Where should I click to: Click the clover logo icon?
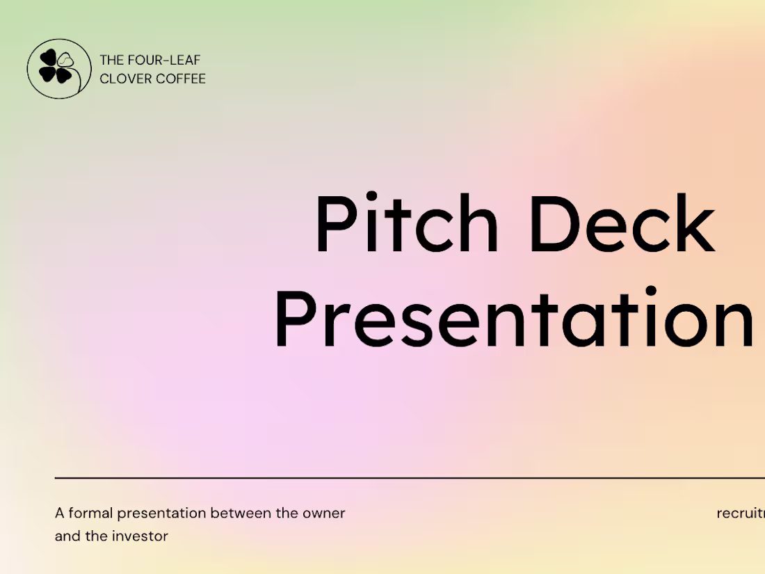(59, 68)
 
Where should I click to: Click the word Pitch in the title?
(406, 224)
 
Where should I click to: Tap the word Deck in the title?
(621, 224)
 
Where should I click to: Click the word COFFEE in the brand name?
(180, 79)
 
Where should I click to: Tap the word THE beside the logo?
(112, 61)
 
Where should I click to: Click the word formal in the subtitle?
(91, 513)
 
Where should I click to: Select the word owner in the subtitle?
(323, 513)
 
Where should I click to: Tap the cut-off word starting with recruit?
(741, 513)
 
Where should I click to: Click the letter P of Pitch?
(335, 224)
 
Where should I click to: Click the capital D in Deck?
(555, 224)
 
